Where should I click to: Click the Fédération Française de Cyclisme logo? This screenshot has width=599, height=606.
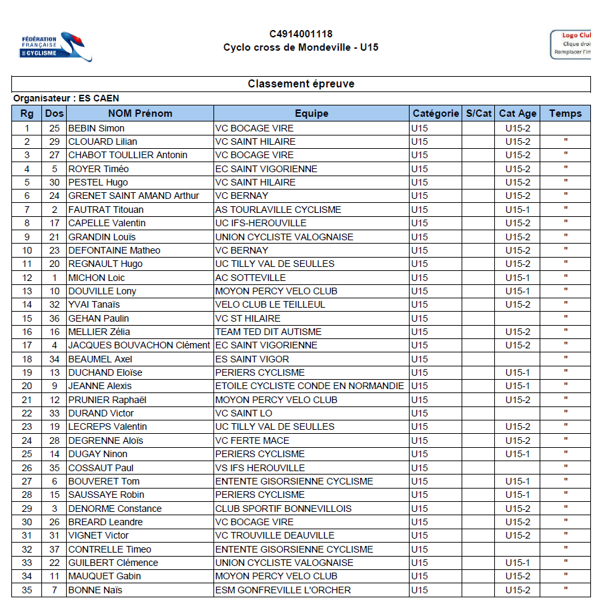pyautogui.click(x=56, y=47)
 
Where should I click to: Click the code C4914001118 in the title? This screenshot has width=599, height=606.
pyautogui.click(x=301, y=34)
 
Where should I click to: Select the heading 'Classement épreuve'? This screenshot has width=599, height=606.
pyautogui.click(x=301, y=84)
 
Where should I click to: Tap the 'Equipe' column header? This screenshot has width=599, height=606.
pyautogui.click(x=312, y=113)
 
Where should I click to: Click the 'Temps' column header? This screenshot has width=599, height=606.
pyautogui.click(x=565, y=113)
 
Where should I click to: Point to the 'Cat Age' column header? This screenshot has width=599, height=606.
pyautogui.click(x=518, y=113)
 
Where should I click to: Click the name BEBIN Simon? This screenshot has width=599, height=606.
pyautogui.click(x=97, y=128)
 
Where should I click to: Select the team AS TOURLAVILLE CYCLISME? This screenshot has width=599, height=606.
pyautogui.click(x=278, y=210)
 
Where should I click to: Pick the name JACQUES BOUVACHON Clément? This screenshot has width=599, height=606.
pyautogui.click(x=139, y=345)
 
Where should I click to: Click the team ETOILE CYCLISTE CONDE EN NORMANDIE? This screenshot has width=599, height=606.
pyautogui.click(x=310, y=386)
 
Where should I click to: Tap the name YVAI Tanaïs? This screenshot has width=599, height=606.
pyautogui.click(x=94, y=304)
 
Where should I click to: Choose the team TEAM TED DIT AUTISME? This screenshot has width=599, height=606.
pyautogui.click(x=268, y=332)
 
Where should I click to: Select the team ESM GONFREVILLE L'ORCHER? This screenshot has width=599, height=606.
pyautogui.click(x=283, y=590)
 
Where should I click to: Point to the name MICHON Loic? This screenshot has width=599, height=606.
pyautogui.click(x=97, y=278)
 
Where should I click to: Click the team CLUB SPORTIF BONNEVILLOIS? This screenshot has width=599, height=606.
pyautogui.click(x=283, y=509)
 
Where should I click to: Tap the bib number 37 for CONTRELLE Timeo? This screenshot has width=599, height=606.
pyautogui.click(x=54, y=549)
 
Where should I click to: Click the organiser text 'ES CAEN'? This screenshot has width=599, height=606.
pyautogui.click(x=99, y=98)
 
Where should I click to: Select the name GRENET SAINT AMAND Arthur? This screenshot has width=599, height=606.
pyautogui.click(x=133, y=196)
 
